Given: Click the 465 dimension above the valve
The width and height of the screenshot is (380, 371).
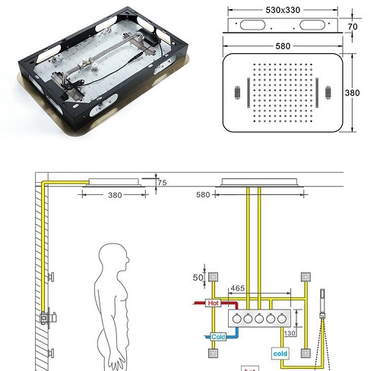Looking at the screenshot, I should click(237, 289).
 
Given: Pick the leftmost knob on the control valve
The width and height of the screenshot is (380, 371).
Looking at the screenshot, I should click(236, 319).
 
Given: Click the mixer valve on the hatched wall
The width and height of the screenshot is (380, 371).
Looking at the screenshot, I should click(50, 316).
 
